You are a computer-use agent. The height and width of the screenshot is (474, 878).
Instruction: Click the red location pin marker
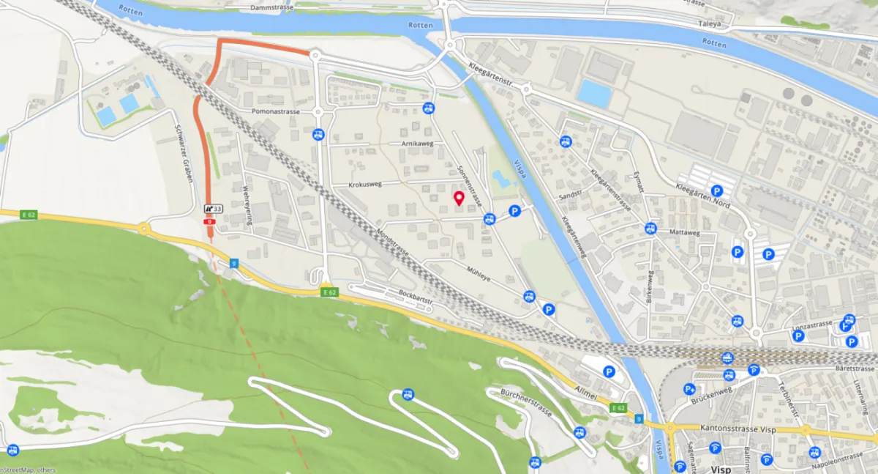[x=459, y=199]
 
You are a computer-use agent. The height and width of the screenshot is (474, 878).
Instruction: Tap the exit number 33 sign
[x=213, y=209]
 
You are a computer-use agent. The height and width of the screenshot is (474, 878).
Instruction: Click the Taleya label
[x=710, y=23]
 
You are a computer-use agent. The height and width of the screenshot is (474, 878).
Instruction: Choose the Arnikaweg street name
[x=418, y=144]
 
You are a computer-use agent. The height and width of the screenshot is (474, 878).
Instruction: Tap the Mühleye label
[x=479, y=269]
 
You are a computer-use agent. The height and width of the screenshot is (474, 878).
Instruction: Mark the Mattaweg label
[x=685, y=233]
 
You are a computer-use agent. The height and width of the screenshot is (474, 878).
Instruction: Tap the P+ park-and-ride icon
[x=690, y=389]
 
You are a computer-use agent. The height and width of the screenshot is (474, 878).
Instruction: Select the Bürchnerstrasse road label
[x=526, y=402]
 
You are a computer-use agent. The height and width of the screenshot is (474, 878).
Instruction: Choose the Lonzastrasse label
[x=813, y=325]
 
